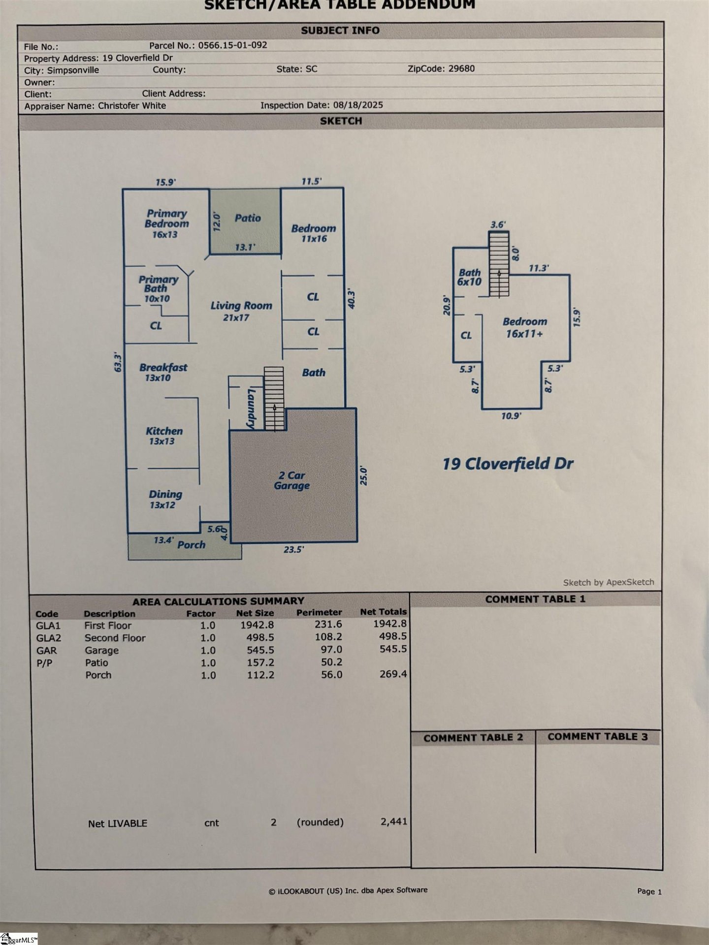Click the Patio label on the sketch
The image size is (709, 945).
point(247,218)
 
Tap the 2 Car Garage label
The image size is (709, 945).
point(292,480)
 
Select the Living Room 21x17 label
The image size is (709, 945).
point(241,311)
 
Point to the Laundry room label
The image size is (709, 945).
point(251,408)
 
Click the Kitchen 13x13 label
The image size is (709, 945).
point(163,436)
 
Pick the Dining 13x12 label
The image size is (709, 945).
point(165,499)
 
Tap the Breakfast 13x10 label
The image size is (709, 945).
point(162,372)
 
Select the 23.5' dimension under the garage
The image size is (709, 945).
point(293,549)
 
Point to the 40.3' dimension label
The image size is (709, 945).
point(352,299)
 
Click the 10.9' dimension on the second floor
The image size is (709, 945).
point(511,416)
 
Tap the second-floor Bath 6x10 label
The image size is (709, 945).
point(469,277)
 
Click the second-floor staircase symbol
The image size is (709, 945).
point(499,264)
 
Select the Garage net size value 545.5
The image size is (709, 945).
point(260,650)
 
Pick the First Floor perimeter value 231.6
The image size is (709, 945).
point(328,624)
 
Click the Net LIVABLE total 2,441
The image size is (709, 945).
point(393,821)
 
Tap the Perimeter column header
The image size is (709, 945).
point(319,612)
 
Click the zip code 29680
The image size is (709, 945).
point(461,69)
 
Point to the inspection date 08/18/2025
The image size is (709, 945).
point(358,105)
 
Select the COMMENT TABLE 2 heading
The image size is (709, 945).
point(473,738)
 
